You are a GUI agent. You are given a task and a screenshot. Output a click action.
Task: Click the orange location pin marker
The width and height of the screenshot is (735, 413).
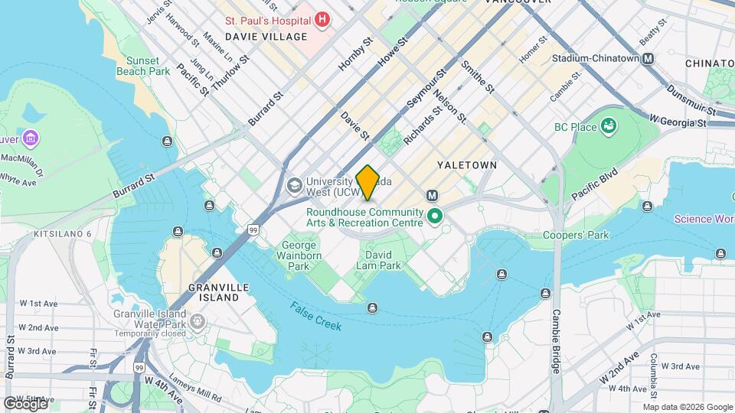click(368, 182)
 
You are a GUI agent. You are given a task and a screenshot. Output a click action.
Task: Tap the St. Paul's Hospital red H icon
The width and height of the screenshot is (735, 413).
click(322, 19)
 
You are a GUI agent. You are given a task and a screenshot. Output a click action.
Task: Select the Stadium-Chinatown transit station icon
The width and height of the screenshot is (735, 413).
click(648, 58)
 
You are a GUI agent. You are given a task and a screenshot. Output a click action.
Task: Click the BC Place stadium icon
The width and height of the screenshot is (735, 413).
click(609, 125)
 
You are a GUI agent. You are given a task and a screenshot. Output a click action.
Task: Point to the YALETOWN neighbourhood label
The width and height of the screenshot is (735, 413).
click(467, 165)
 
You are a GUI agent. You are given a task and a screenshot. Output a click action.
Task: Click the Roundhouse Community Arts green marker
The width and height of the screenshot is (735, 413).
click(436, 217)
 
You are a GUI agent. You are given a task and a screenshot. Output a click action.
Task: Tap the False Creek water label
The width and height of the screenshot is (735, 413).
click(315, 315)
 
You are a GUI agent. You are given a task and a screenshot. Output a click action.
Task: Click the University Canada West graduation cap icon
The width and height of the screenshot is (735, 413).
click(293, 185)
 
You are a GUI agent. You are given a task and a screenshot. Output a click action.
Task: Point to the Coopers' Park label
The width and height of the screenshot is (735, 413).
click(576, 235)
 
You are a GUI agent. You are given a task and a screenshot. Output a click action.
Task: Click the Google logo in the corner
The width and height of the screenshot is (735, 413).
click(25, 403)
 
